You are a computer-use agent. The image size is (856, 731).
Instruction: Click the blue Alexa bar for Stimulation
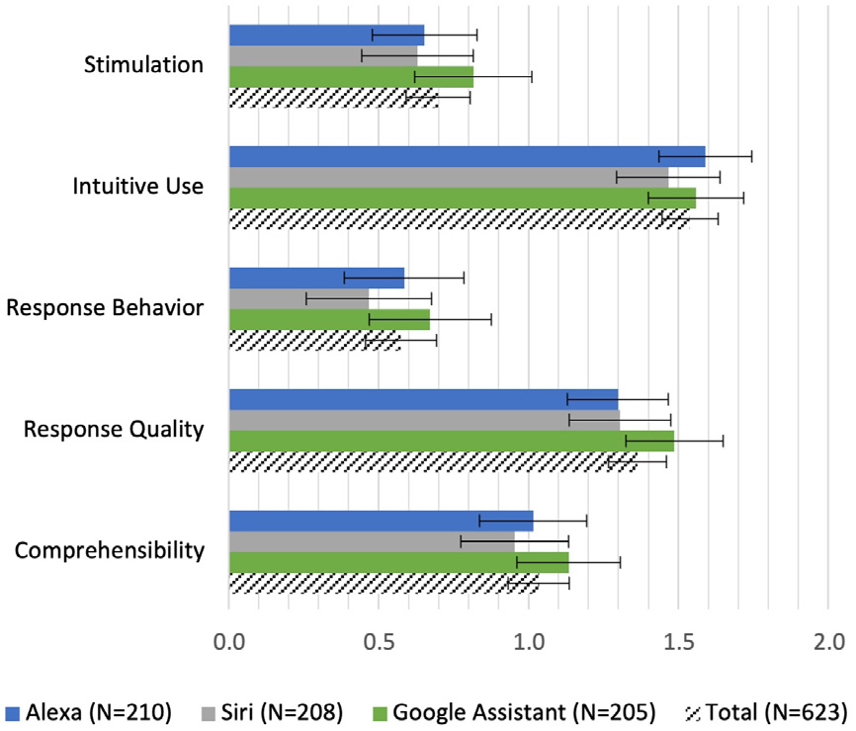pyautogui.click(x=326, y=35)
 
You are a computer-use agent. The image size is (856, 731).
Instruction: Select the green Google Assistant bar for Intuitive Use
pyautogui.click(x=463, y=198)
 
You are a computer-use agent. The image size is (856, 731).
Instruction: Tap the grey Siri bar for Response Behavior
pyautogui.click(x=299, y=298)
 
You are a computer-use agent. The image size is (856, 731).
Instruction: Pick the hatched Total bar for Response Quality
pyautogui.click(x=433, y=461)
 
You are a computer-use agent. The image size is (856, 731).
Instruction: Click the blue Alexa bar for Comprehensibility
pyautogui.click(x=381, y=521)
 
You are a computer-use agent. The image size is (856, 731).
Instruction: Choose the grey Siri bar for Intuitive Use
pyautogui.click(x=449, y=177)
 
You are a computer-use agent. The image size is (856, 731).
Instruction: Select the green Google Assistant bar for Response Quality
pyautogui.click(x=451, y=441)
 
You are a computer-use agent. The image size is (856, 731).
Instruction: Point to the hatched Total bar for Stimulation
pyautogui.click(x=333, y=98)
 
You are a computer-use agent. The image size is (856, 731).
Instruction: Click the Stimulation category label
pyautogui.click(x=144, y=66)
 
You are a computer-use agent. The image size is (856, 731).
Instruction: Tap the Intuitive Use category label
pyautogui.click(x=138, y=187)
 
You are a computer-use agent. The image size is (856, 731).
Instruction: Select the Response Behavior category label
pyautogui.click(x=105, y=308)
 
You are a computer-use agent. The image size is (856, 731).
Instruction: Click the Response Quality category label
pyautogui.click(x=114, y=430)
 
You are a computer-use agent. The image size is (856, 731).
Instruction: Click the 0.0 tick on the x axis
pyautogui.click(x=229, y=641)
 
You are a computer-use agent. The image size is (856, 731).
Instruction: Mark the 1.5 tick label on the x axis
pyautogui.click(x=678, y=641)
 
